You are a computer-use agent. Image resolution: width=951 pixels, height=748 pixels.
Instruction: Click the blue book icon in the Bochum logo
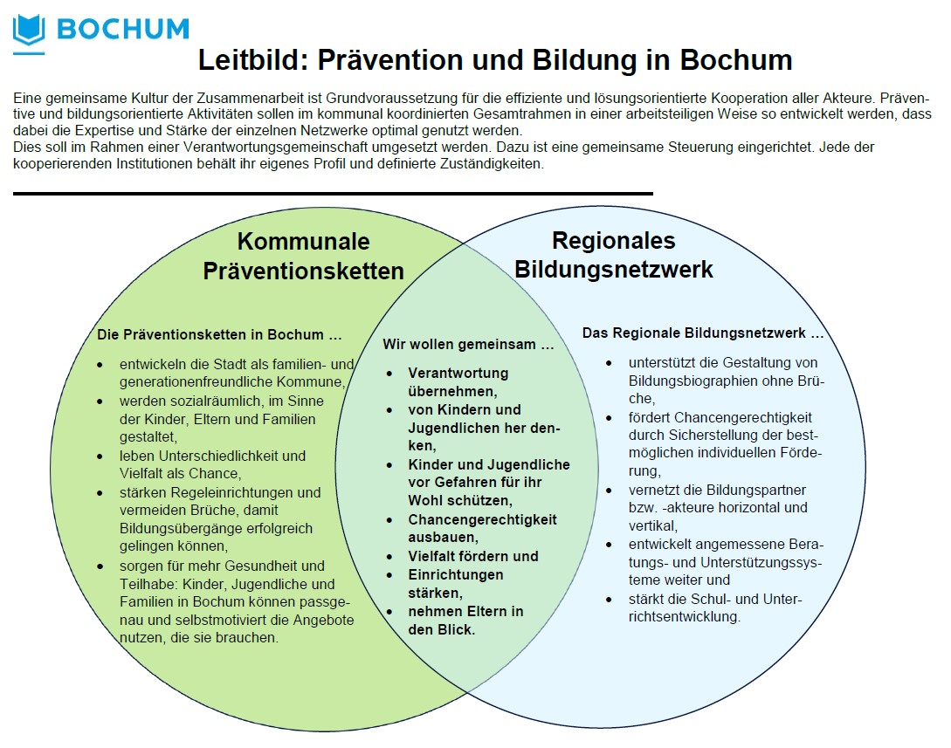click(29, 31)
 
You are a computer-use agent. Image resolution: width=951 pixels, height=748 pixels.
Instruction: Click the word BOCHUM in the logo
click(123, 29)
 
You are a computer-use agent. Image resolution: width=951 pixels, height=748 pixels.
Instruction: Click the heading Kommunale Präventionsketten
click(303, 256)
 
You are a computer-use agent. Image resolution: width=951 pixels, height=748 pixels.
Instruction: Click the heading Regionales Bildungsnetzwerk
click(614, 255)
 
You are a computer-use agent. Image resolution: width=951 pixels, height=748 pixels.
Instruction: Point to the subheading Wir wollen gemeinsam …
click(468, 344)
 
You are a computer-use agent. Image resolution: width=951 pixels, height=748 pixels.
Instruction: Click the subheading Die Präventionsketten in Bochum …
click(219, 334)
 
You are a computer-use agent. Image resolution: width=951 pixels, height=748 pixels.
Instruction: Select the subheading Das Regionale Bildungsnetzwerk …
click(703, 333)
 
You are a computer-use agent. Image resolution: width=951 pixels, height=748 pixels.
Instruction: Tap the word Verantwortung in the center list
click(458, 373)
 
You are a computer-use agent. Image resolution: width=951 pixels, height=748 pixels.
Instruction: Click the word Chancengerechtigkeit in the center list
click(482, 519)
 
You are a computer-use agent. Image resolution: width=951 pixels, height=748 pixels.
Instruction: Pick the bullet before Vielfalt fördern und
click(389, 557)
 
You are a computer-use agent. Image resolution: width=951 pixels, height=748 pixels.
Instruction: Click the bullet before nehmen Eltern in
click(389, 612)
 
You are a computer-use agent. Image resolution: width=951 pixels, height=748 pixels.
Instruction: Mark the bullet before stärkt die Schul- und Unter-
click(609, 600)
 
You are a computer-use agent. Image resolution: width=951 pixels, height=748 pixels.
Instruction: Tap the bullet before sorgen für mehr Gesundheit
click(100, 566)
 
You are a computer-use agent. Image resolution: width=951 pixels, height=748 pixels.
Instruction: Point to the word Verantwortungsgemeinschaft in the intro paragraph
click(275, 147)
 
